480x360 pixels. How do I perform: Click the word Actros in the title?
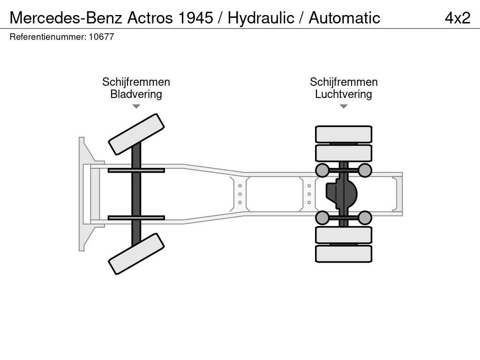(150, 18)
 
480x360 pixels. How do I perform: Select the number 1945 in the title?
(195, 18)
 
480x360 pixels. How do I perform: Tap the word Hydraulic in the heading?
(261, 18)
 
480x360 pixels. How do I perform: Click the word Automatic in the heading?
(345, 18)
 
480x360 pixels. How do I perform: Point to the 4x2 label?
(457, 18)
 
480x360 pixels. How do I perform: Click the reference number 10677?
(101, 37)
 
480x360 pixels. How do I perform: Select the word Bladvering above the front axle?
(136, 94)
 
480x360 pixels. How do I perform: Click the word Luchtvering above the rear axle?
(344, 94)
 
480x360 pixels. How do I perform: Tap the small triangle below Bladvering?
(136, 106)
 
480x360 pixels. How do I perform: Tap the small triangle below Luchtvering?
(344, 106)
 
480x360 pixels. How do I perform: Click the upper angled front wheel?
(136, 135)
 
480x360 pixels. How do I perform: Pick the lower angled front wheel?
(136, 254)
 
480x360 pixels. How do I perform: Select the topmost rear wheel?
(344, 134)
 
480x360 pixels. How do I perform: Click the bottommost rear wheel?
(344, 254)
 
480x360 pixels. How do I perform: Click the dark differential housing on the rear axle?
(341, 194)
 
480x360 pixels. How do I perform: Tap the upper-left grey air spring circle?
(322, 170)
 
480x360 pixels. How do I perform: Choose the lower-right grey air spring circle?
(365, 217)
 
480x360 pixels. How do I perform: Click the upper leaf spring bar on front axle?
(136, 170)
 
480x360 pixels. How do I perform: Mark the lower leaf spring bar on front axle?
(136, 217)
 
